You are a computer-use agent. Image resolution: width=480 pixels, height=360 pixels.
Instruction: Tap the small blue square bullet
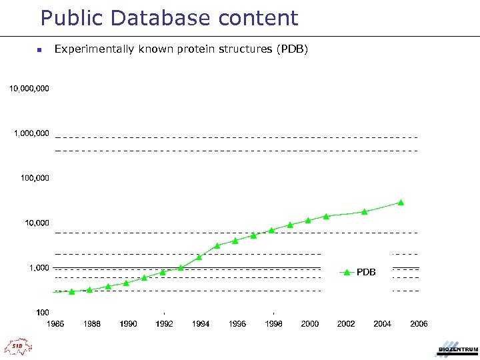(x=39, y=49)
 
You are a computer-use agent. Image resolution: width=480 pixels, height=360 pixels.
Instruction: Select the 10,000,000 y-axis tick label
(x=29, y=88)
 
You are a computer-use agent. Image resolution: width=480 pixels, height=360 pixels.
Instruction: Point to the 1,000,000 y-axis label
(x=31, y=133)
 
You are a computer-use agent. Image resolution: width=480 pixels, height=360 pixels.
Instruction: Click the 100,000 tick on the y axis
(x=35, y=178)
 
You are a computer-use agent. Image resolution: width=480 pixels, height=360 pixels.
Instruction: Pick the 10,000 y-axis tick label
(x=37, y=223)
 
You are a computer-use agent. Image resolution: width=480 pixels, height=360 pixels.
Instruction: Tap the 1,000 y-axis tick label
(x=39, y=267)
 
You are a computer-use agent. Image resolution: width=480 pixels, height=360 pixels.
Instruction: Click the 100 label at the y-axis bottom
(x=42, y=312)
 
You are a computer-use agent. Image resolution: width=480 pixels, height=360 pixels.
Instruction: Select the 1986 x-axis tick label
(x=56, y=324)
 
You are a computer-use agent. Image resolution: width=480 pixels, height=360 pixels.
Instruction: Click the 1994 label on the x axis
(x=201, y=324)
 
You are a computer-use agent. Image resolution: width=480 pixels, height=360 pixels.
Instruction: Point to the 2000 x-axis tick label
(x=309, y=324)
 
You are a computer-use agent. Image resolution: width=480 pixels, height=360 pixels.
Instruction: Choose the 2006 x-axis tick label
(x=419, y=324)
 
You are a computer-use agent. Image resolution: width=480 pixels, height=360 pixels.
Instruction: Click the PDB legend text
(x=366, y=272)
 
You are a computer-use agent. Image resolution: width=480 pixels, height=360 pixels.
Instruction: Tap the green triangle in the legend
(x=346, y=272)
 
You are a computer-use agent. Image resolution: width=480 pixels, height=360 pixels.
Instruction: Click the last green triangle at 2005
(x=401, y=202)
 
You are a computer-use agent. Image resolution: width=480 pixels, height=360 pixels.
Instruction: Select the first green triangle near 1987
(x=72, y=291)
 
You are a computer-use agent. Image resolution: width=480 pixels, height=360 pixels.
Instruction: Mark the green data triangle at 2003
(x=364, y=211)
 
